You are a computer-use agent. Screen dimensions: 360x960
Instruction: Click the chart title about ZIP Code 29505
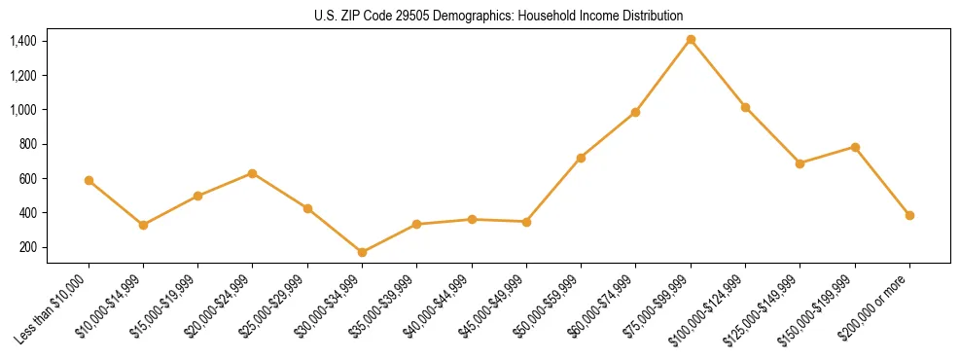[x=499, y=16]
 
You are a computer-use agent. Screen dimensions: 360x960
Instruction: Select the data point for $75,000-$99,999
[x=691, y=40]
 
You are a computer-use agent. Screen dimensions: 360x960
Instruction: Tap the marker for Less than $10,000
[x=89, y=180]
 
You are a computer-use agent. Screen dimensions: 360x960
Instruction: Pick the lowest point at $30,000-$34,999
[x=362, y=252]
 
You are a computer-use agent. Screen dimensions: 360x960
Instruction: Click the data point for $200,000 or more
[x=909, y=215]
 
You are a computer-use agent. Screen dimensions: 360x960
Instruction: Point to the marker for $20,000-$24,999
[x=253, y=173]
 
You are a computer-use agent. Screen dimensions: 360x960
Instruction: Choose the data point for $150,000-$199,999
[x=855, y=147]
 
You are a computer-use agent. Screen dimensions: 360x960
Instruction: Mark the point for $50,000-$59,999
[x=581, y=158]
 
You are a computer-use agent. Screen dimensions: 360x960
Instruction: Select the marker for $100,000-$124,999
[x=745, y=107]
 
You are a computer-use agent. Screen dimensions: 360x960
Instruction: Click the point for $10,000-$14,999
[x=143, y=225]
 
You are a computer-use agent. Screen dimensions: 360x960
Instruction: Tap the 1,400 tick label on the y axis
[x=22, y=41]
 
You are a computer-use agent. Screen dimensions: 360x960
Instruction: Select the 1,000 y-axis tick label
[x=22, y=110]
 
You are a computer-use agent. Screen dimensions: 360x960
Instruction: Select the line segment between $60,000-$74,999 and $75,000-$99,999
[x=663, y=76]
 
